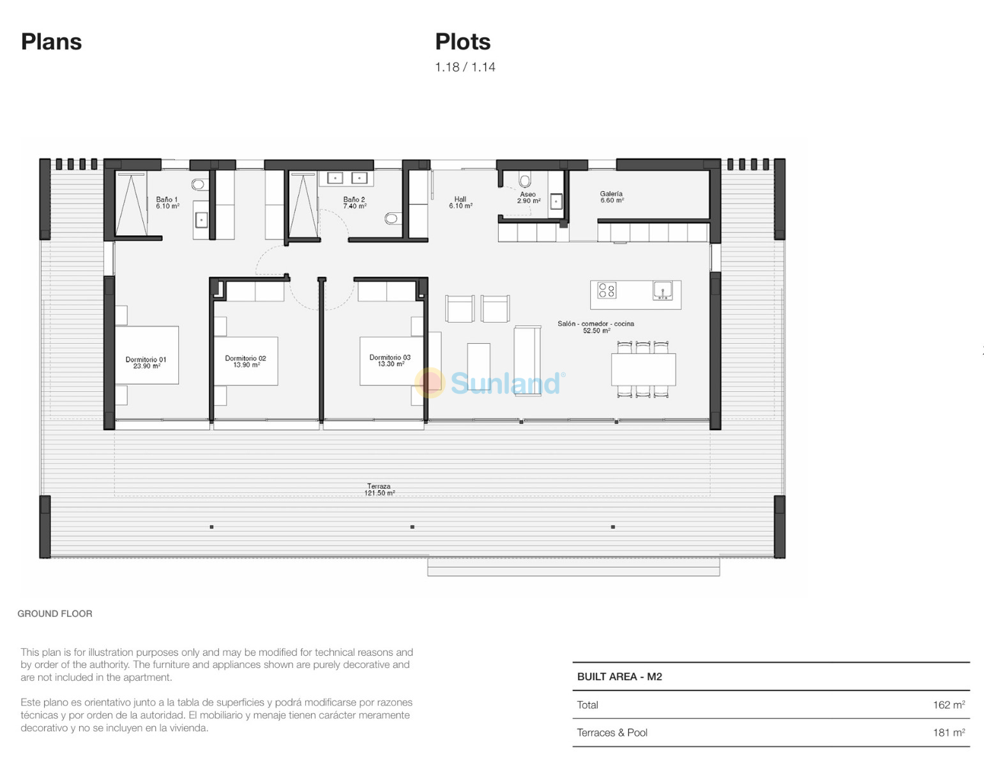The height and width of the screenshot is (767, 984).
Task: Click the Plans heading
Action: point(52,42)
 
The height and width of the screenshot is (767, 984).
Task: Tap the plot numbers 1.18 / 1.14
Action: point(465,67)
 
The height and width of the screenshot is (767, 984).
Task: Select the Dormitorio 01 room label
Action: point(146,362)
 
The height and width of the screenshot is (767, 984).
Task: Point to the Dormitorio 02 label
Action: point(245,361)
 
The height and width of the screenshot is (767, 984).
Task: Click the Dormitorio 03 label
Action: point(390,360)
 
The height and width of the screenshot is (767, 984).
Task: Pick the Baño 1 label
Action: point(167,203)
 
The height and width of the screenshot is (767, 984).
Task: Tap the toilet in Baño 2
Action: point(391,219)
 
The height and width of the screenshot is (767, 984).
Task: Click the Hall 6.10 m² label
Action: point(460,202)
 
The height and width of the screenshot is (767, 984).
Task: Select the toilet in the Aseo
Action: point(525,181)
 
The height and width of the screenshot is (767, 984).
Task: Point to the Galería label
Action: point(612,197)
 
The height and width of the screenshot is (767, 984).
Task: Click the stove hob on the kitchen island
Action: point(607,290)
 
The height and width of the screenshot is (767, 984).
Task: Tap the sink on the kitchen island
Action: point(662,290)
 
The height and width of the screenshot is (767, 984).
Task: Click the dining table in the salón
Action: point(643,369)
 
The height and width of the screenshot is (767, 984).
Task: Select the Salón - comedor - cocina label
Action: point(596,327)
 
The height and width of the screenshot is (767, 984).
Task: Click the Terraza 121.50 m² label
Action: point(379,490)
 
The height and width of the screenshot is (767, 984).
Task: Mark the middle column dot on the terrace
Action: point(412,527)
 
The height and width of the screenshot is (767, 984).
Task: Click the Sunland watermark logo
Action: point(490,383)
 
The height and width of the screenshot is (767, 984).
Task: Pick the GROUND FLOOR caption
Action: point(55,614)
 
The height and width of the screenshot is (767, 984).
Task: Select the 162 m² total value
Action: point(949,704)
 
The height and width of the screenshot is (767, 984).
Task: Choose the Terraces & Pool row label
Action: point(612,732)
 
